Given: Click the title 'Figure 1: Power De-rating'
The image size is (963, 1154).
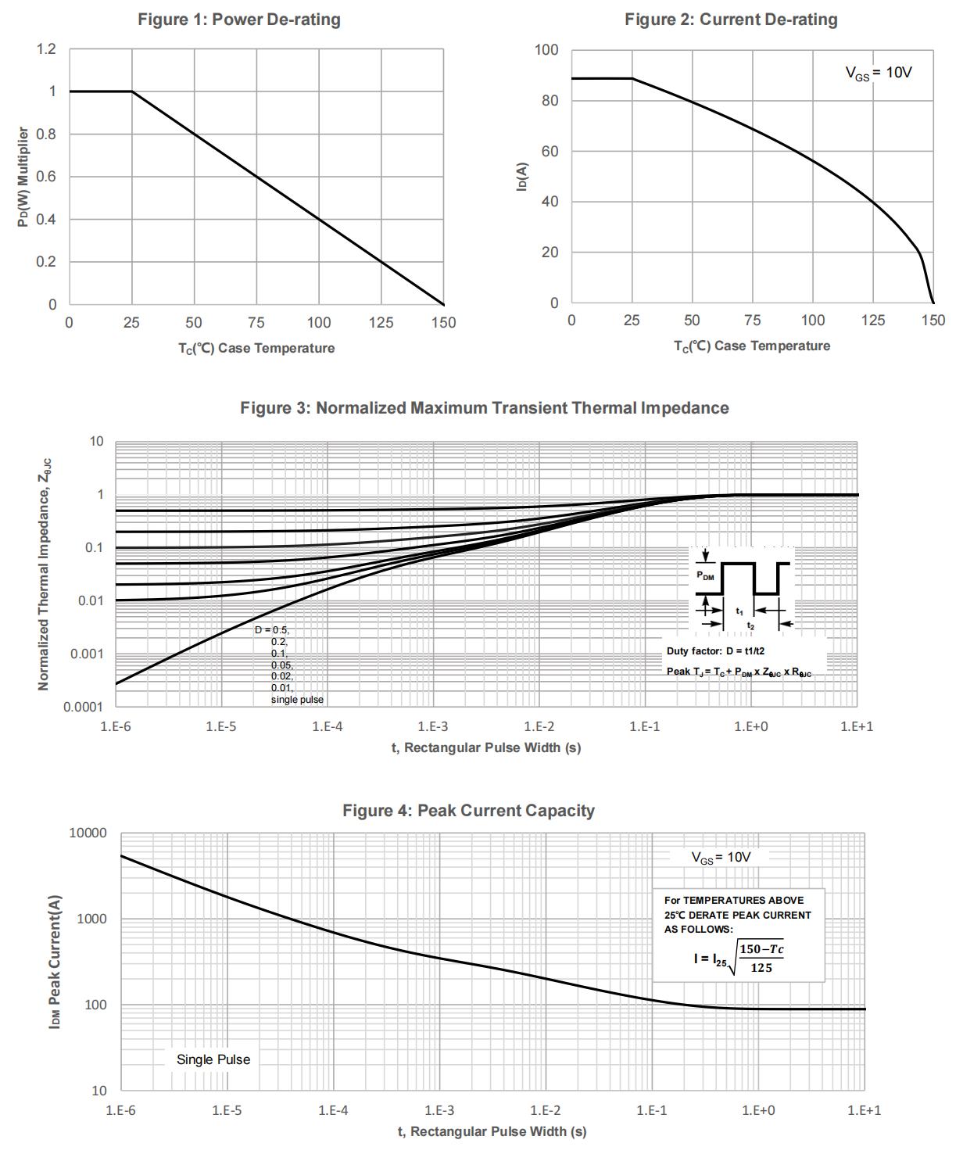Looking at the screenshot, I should point(239,20).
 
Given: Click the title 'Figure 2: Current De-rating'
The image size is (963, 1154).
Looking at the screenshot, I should point(731,20).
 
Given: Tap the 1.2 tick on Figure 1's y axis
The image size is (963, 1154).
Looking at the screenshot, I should point(47,50).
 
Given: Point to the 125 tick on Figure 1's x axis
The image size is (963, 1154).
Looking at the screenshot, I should point(381,322).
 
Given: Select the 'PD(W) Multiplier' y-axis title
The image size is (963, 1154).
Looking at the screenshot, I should point(23,177).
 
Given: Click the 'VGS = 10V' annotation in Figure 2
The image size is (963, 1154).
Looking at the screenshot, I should point(879,73).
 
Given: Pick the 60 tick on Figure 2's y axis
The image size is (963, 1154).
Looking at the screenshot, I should point(550,151).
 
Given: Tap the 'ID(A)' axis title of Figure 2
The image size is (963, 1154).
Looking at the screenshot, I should point(523,176).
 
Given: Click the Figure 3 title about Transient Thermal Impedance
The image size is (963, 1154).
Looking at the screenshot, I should point(484,408).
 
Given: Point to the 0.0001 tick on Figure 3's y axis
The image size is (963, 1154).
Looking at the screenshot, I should point(84,707).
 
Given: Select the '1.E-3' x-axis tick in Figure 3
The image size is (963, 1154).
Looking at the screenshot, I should point(433,726).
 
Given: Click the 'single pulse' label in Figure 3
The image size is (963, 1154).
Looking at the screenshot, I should point(297,699).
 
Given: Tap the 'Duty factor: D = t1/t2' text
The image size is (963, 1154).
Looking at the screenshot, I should point(715,650).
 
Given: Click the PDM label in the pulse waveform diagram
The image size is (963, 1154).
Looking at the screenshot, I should point(705,577).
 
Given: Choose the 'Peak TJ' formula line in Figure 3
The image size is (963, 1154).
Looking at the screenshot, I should point(739,672).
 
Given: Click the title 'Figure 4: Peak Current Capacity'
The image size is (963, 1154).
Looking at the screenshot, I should point(468,811).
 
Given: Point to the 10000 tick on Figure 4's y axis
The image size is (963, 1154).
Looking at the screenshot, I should point(88,833).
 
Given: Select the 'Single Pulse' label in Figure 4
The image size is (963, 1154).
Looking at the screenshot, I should point(213,1059).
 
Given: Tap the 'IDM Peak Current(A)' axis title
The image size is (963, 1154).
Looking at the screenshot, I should point(55,961).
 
